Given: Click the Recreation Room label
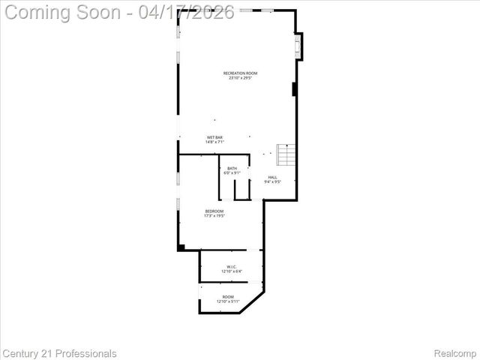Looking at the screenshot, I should pyautogui.click(x=240, y=73).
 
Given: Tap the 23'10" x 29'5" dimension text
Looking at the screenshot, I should pyautogui.click(x=240, y=78).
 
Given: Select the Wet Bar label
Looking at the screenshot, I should pyautogui.click(x=214, y=137).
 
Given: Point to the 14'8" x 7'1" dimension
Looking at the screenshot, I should pyautogui.click(x=214, y=142).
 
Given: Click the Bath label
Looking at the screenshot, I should pyautogui.click(x=232, y=168).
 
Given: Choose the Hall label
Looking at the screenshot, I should pyautogui.click(x=272, y=177).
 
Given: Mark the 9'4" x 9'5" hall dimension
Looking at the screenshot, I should pyautogui.click(x=272, y=182).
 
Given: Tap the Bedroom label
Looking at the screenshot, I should pyautogui.click(x=214, y=211).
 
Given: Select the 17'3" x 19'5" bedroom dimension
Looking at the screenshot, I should pyautogui.click(x=214, y=217).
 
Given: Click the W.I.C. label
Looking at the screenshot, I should pyautogui.click(x=232, y=266).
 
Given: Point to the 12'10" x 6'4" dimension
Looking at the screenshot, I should pyautogui.click(x=232, y=271).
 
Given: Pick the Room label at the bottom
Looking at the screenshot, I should pyautogui.click(x=228, y=297).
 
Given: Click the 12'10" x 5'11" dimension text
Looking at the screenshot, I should pyautogui.click(x=228, y=302).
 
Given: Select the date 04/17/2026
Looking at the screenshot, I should pyautogui.click(x=187, y=12).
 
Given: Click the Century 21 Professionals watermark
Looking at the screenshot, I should pyautogui.click(x=60, y=353).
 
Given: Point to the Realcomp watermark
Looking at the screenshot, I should pyautogui.click(x=455, y=353).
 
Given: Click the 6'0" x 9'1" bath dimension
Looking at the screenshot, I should pyautogui.click(x=232, y=173).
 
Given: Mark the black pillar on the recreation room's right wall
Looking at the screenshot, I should pyautogui.click(x=295, y=88).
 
